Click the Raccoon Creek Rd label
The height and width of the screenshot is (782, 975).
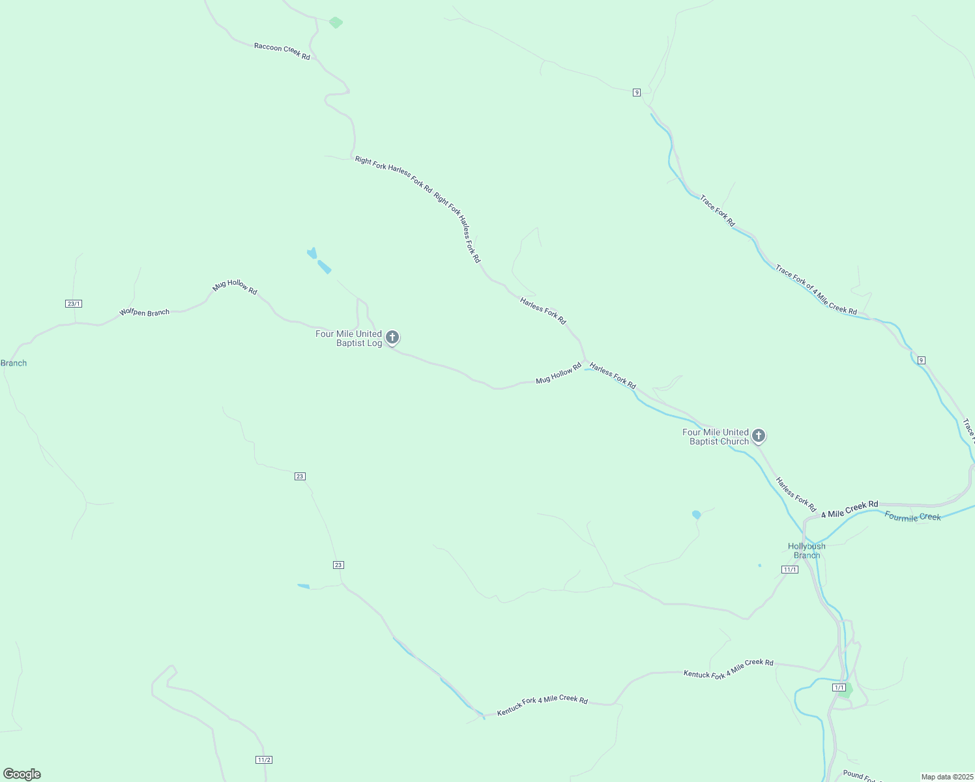tap(282, 51)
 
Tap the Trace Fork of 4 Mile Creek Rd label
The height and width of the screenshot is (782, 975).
tap(815, 290)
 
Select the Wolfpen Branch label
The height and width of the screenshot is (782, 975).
tap(144, 313)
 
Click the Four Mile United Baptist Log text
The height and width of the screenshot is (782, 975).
tap(349, 338)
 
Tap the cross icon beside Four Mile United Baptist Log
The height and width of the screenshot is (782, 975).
tap(392, 337)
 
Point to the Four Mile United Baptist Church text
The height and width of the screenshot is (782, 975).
tap(715, 437)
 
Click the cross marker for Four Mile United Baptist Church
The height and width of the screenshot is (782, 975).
tap(759, 435)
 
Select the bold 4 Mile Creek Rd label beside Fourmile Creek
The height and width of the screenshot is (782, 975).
tap(849, 509)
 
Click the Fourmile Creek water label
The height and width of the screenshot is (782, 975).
tap(912, 517)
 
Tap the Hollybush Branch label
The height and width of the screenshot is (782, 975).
tap(806, 551)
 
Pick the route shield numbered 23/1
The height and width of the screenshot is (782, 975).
tap(74, 304)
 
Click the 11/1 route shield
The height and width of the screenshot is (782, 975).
tap(789, 570)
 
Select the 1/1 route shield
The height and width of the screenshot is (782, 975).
tap(839, 688)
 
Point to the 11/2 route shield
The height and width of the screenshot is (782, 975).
tap(263, 760)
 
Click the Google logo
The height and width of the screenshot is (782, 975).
tap(22, 774)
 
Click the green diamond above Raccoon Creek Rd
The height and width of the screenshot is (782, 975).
tap(336, 23)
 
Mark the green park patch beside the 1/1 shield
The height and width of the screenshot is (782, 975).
tap(846, 691)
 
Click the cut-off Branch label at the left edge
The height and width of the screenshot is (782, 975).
tap(14, 363)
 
